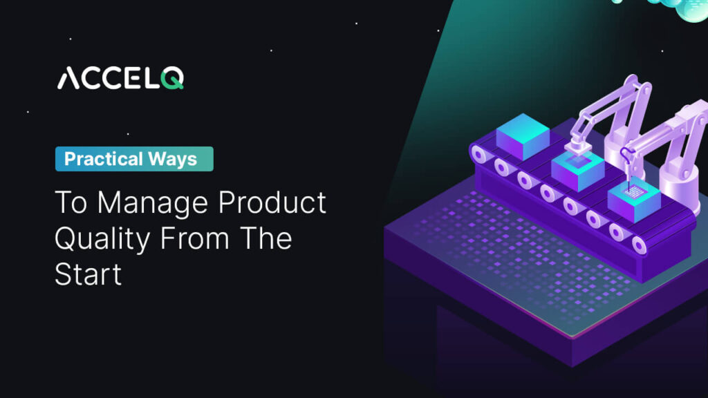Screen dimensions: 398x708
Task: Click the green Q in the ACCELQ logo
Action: pos(173,78)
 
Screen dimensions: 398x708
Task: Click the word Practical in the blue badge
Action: pos(102,159)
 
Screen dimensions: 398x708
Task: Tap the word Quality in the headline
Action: pos(101,239)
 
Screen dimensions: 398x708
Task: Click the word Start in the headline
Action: pos(88,274)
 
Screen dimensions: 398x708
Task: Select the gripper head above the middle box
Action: pos(575,146)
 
